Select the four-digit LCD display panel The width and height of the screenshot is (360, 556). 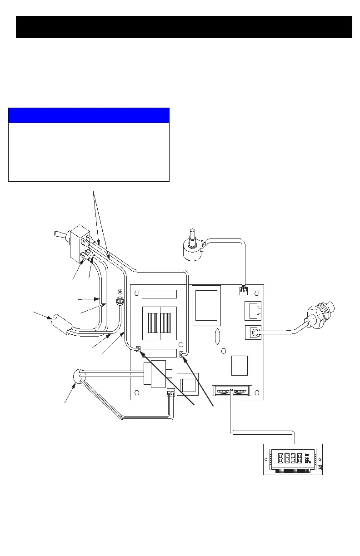[293, 459]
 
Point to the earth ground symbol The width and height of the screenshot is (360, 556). [120, 291]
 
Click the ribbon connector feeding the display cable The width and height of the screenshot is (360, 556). [231, 390]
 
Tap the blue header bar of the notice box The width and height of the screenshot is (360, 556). [89, 115]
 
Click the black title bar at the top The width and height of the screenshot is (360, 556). [184, 27]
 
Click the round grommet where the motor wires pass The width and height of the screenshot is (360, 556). [80, 377]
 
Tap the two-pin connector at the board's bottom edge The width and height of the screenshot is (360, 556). [170, 394]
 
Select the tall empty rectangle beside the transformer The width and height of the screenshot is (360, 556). [206, 305]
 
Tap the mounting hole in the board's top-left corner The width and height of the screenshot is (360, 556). [137, 292]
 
